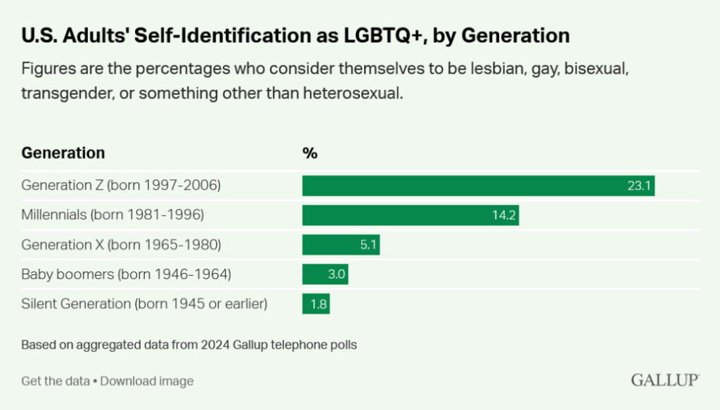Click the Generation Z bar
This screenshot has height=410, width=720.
(x=478, y=186)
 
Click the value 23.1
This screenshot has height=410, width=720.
(x=641, y=186)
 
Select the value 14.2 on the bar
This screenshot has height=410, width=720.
(x=504, y=215)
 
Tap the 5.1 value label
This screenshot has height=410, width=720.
(x=368, y=245)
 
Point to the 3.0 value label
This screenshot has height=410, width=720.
(x=337, y=274)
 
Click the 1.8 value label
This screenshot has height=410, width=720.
(x=319, y=304)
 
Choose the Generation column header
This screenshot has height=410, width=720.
(x=63, y=153)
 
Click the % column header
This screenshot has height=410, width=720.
(x=309, y=153)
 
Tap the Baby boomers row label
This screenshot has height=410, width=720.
(x=126, y=274)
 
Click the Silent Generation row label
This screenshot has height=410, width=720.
(x=144, y=304)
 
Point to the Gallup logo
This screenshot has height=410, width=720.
(x=664, y=380)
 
